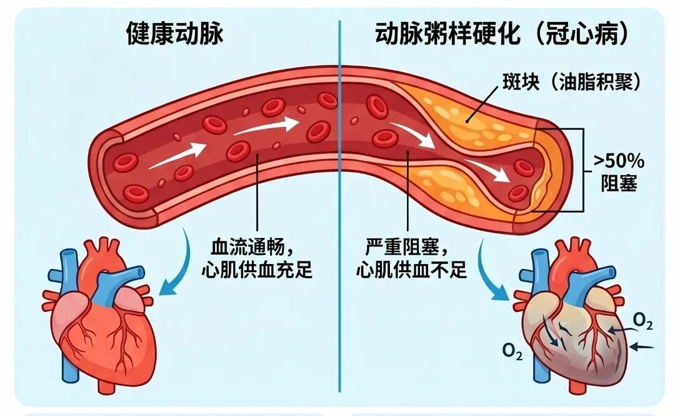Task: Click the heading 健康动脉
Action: (x=174, y=34)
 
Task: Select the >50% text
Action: (x=619, y=161)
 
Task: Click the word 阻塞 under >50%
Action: (x=619, y=183)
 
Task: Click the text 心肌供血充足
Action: (x=257, y=270)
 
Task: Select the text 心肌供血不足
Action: (x=411, y=270)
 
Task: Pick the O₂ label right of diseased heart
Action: (x=642, y=321)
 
